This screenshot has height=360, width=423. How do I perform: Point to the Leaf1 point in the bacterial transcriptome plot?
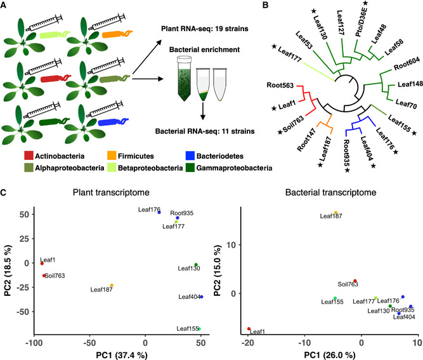click(249, 329)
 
